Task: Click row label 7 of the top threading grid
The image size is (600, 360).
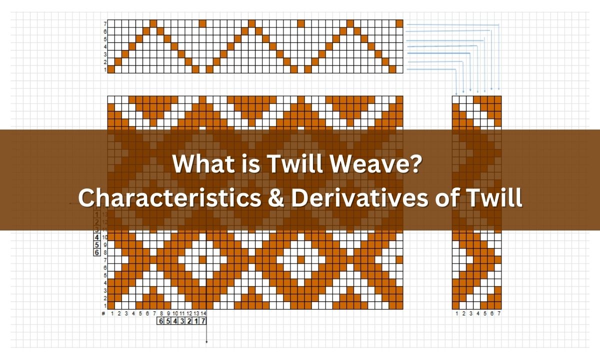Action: [104, 23]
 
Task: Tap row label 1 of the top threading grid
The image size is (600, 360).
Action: [104, 70]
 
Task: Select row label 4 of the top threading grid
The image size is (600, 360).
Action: [104, 46]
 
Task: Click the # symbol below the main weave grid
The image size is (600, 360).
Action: [103, 313]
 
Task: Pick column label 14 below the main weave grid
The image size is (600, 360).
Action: [203, 313]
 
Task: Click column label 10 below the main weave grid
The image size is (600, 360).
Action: [175, 313]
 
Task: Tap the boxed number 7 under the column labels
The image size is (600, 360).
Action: [202, 321]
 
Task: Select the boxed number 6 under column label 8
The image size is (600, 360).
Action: [161, 321]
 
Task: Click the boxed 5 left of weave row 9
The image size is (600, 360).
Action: [96, 245]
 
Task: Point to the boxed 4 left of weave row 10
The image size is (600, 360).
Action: [96, 237]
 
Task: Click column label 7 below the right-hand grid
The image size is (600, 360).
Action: [498, 313]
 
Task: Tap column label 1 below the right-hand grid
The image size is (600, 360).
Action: [456, 313]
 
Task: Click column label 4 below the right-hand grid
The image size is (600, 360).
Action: [477, 313]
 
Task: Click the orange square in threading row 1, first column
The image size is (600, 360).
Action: [111, 69]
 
